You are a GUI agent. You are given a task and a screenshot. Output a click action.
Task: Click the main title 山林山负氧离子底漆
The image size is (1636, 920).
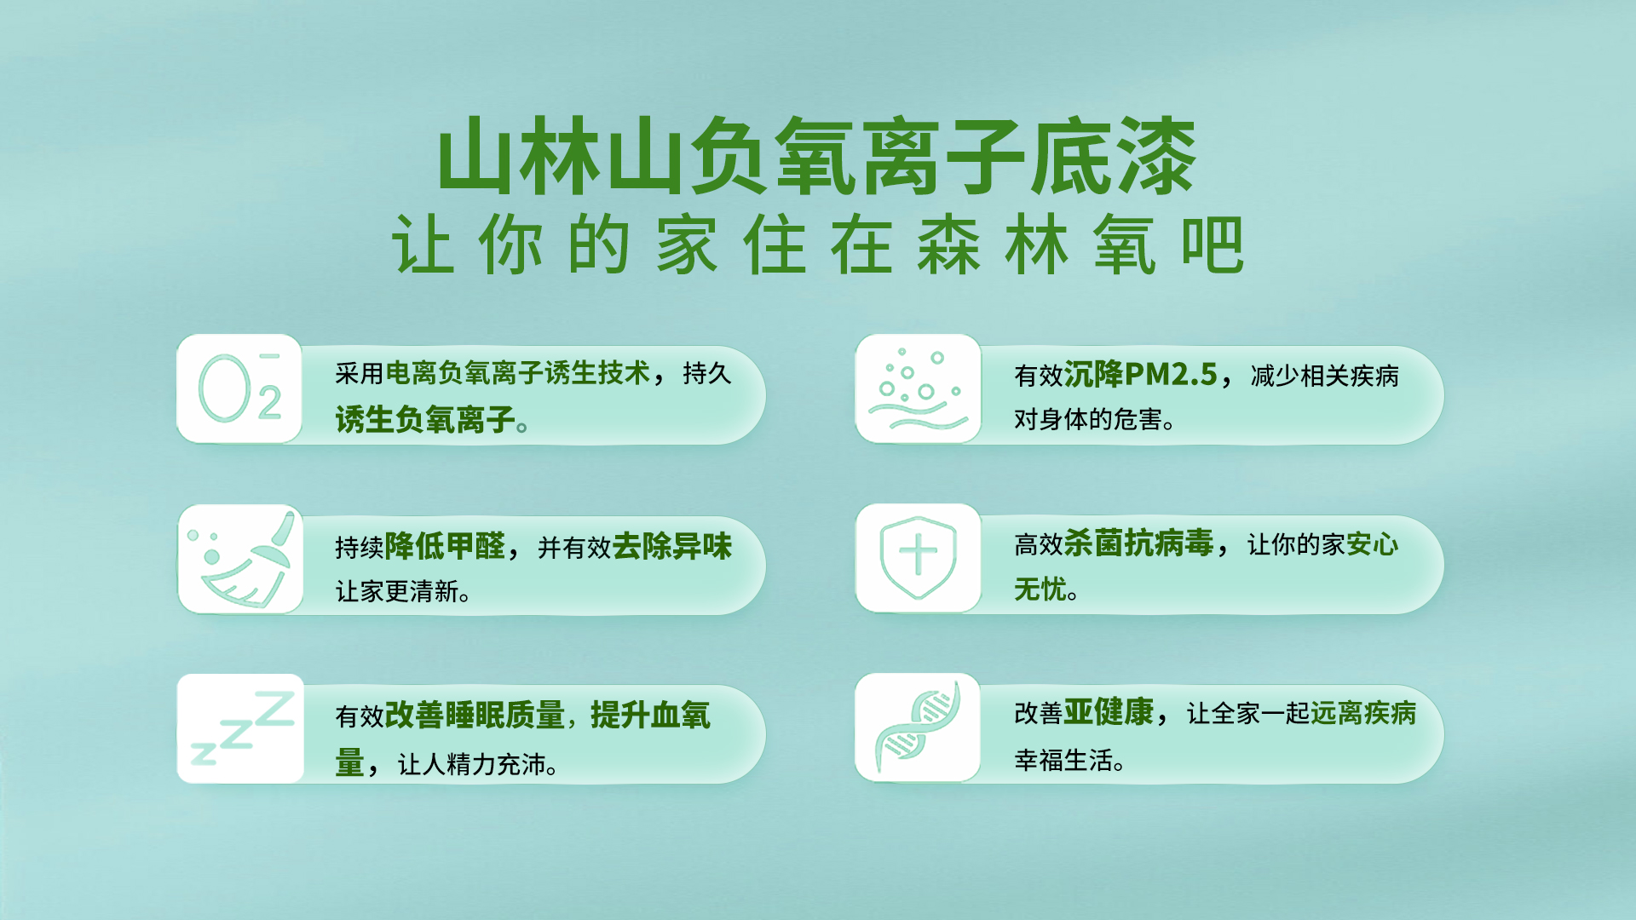tap(817, 157)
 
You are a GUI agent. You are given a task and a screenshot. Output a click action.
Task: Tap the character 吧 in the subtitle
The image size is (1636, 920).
tap(1213, 244)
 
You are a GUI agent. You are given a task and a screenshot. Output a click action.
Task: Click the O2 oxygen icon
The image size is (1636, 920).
tap(240, 388)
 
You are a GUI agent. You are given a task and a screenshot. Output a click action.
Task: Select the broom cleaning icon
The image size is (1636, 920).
tap(241, 559)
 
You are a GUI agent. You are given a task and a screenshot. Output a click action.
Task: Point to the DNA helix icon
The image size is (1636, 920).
tap(919, 727)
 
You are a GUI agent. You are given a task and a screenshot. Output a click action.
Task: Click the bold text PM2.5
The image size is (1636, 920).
tap(1171, 374)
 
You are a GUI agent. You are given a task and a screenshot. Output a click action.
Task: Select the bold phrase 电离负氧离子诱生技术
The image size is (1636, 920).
tap(518, 373)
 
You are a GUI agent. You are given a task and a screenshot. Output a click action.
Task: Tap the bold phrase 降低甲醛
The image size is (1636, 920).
tap(445, 546)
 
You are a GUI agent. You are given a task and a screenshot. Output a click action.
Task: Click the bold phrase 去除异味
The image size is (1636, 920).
tap(672, 546)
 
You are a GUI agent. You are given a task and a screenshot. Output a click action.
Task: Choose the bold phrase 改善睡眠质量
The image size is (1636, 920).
tap(475, 715)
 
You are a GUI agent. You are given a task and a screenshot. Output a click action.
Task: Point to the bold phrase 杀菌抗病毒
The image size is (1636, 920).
tap(1139, 543)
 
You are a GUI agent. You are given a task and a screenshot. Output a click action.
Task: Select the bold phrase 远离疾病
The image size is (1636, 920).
tap(1363, 713)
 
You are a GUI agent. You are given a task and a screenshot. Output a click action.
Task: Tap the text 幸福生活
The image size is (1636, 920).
tap(1063, 760)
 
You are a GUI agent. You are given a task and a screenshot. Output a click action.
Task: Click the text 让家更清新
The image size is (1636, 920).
tap(397, 591)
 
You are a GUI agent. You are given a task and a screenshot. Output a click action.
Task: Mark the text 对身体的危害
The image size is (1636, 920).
tap(1088, 419)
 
